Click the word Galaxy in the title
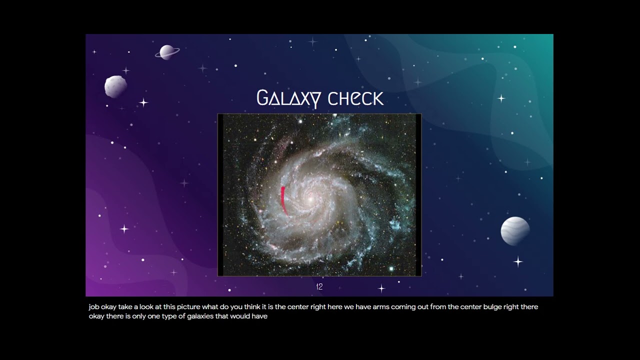pos(289,99)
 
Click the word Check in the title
pos(355,98)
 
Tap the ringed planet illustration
pos(167,52)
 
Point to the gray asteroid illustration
pos(115,86)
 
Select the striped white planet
pos(515,231)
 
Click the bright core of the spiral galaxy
pos(310,199)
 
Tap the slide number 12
pos(319,286)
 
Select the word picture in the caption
pos(188,307)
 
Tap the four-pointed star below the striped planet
pos(518,261)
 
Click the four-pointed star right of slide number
pos(381,288)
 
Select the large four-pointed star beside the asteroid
pos(143,102)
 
